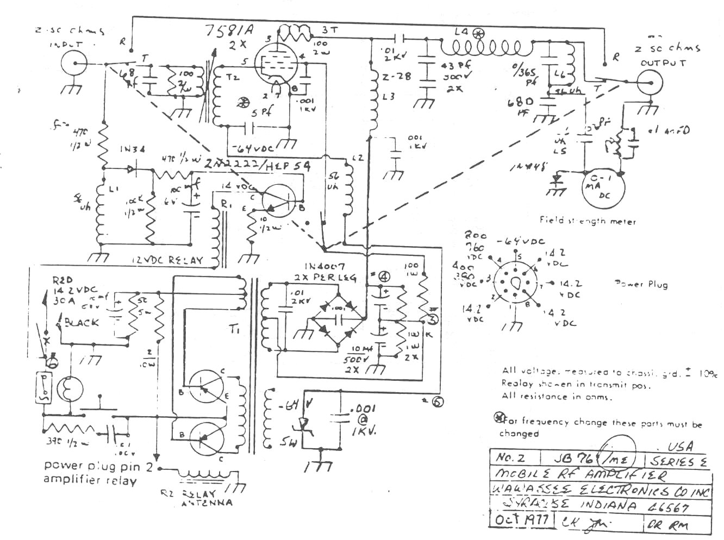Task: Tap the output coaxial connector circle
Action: point(649,83)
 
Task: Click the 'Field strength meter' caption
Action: point(587,221)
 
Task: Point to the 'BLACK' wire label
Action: point(82,322)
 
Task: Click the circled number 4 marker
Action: point(384,276)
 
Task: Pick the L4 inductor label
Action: point(461,32)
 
